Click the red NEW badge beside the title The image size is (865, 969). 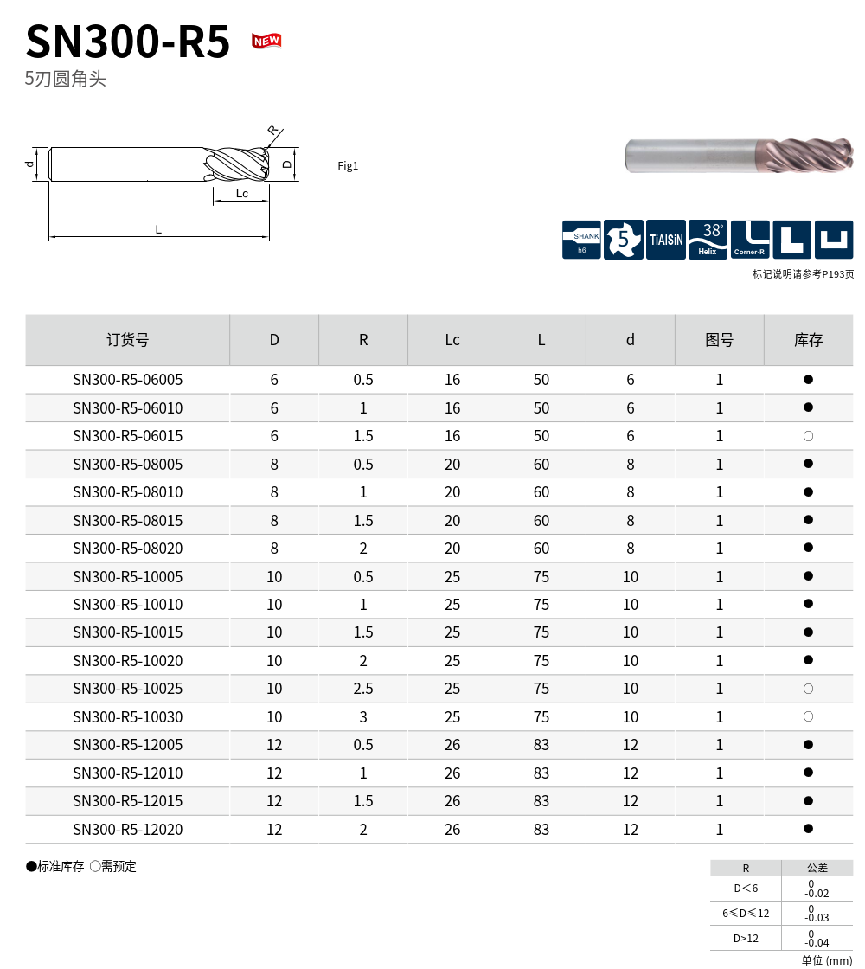coord(266,41)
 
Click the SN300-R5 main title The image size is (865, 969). coord(128,42)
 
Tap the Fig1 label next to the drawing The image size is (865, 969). coord(348,166)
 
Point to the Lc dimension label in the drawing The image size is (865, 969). coord(242,194)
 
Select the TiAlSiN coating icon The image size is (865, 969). coord(666,240)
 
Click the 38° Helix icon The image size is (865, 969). coord(708,240)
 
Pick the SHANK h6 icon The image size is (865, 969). coord(581,240)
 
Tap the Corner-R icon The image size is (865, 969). coord(750,240)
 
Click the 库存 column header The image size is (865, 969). coord(808,340)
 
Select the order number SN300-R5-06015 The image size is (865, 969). coord(128,436)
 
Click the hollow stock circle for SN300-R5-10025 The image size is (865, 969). coord(808,689)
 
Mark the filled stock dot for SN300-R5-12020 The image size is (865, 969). coord(808,829)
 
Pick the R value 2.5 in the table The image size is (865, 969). coord(363,689)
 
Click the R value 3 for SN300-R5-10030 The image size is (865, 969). coord(363,717)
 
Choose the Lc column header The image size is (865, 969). coord(452,340)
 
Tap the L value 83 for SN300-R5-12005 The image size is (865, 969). coord(541,745)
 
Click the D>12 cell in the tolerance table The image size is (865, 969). coord(746,938)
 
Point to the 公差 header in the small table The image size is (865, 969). coord(817,868)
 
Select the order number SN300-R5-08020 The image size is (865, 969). coord(128,549)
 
